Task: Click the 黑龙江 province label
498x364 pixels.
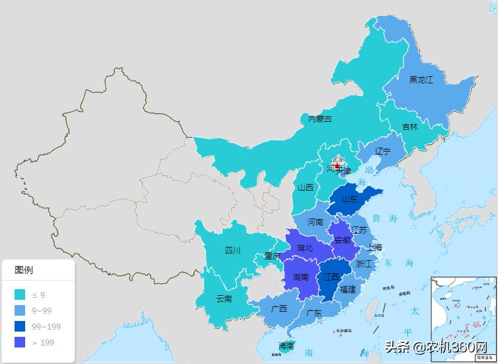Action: (421, 80)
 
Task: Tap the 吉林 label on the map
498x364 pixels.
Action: (409, 127)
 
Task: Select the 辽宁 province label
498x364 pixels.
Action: (382, 152)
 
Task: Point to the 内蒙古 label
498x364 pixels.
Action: (320, 119)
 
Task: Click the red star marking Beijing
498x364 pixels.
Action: (337, 166)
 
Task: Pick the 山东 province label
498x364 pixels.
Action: (349, 199)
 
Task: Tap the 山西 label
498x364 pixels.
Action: (306, 187)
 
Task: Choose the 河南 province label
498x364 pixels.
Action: (315, 222)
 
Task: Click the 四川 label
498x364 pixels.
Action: (233, 250)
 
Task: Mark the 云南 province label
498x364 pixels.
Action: (224, 298)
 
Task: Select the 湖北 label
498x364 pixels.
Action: (305, 248)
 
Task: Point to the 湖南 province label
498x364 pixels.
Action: (300, 277)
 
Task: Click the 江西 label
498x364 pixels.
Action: (331, 277)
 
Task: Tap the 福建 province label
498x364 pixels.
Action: (347, 289)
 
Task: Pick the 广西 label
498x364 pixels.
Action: (279, 308)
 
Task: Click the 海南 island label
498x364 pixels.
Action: (286, 346)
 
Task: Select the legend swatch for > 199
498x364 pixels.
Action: (20, 342)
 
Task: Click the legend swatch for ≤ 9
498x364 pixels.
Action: (20, 295)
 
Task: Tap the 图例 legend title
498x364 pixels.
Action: (24, 270)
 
